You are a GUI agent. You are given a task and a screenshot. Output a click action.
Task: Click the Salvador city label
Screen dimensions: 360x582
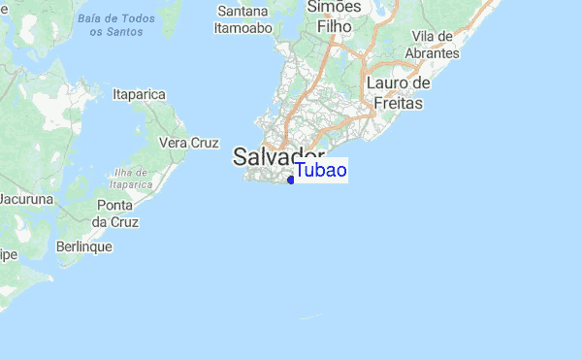(x=278, y=157)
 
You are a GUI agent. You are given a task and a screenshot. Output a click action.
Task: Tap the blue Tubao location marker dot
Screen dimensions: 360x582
(x=291, y=180)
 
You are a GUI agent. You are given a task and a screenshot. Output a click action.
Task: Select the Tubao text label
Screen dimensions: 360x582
(x=321, y=171)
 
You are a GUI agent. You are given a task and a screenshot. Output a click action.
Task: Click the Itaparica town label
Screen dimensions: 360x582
(x=140, y=94)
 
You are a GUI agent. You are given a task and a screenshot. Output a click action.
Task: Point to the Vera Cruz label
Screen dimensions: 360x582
(x=188, y=143)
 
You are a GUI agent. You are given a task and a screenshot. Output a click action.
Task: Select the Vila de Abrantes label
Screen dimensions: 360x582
(x=435, y=45)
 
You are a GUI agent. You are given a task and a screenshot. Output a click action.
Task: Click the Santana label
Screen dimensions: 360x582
(x=243, y=12)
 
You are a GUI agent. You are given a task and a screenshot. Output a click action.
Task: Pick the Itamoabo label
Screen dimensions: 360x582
(x=242, y=28)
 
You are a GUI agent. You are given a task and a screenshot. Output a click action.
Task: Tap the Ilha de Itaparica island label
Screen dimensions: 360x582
(x=132, y=178)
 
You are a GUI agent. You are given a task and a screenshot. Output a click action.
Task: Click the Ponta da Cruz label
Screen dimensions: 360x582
(x=113, y=213)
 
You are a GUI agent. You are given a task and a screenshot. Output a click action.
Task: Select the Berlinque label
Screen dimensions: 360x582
(x=84, y=246)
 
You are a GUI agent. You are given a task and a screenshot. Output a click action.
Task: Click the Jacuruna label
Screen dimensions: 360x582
(x=26, y=199)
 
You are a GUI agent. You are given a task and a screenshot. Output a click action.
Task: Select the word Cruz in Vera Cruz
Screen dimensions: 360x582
(x=204, y=143)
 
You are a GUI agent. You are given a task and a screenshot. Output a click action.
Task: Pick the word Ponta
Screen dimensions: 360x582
(x=114, y=206)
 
